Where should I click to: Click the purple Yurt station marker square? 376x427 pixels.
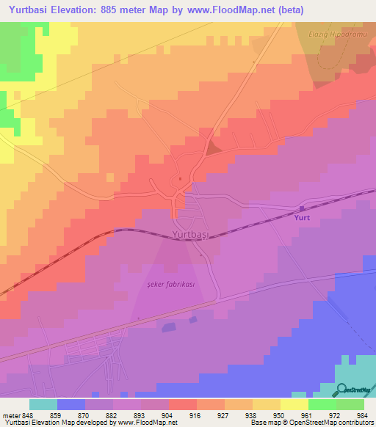pos(302,209)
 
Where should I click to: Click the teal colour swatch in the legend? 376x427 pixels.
pos(43,404)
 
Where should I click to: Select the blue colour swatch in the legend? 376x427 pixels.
pos(71,404)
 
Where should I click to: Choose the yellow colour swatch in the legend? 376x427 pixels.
pos(294,404)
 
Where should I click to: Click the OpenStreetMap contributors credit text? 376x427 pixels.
pos(339,423)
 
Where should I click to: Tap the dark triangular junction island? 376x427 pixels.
pos(212,149)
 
